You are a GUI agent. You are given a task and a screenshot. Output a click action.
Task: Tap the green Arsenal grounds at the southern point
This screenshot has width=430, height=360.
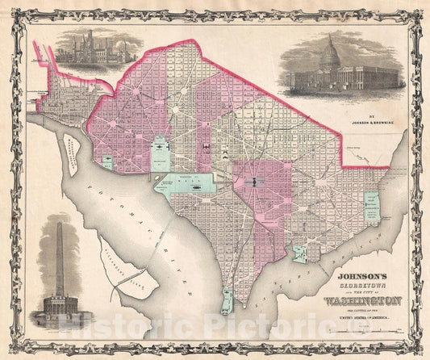pyautogui.click(x=228, y=302)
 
